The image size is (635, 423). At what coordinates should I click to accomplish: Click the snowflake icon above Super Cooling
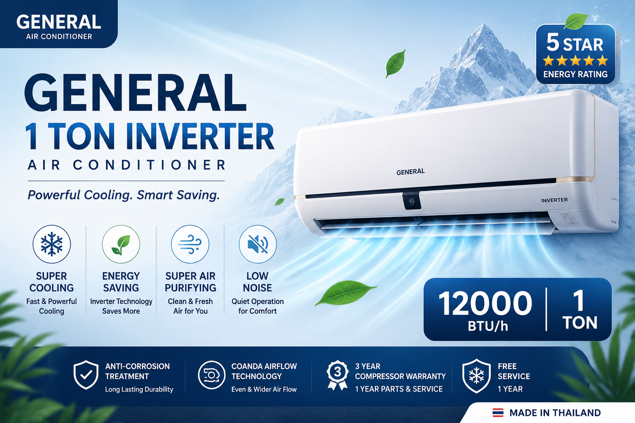coord(52,244)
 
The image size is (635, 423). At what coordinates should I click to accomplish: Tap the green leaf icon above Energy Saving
coord(121,245)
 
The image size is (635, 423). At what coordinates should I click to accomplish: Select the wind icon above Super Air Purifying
coord(190,244)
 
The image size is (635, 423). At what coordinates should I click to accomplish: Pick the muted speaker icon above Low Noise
coord(258,244)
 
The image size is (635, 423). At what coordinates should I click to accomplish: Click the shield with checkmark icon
coord(86,375)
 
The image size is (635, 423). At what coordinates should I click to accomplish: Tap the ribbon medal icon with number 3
coord(337,375)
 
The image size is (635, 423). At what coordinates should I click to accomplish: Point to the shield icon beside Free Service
coord(477,376)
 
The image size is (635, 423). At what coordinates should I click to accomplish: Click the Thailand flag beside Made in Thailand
coord(498,413)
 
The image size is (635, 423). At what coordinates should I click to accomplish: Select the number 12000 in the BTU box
coord(485,304)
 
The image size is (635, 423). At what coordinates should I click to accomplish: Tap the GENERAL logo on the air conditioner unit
coord(411,172)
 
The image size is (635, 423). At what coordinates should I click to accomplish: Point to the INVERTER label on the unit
coord(554,200)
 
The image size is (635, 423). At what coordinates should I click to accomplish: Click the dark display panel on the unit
coord(412,201)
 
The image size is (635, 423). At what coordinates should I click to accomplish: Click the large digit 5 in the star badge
coord(553,43)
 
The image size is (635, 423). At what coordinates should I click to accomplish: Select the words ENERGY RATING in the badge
coord(575,74)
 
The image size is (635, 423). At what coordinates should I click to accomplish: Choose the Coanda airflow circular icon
coord(212,375)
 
